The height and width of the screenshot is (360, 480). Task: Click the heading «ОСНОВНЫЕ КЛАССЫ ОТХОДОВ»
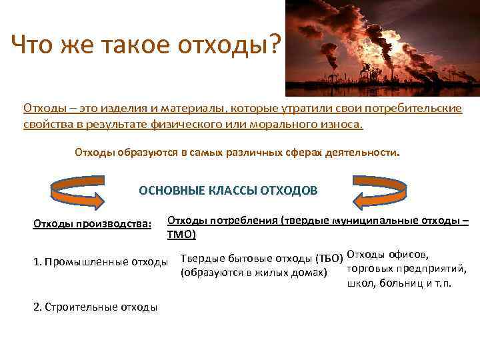[228, 190]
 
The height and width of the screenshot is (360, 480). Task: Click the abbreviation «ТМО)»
[181, 235]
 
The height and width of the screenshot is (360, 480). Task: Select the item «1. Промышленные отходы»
[100, 261]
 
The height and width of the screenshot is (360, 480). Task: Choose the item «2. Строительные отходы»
[95, 307]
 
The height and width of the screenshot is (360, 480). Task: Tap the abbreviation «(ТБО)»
[329, 259]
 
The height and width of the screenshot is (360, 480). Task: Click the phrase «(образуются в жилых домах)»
[253, 273]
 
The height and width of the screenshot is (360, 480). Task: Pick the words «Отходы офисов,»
[388, 256]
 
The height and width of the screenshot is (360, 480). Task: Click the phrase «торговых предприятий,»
[406, 269]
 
